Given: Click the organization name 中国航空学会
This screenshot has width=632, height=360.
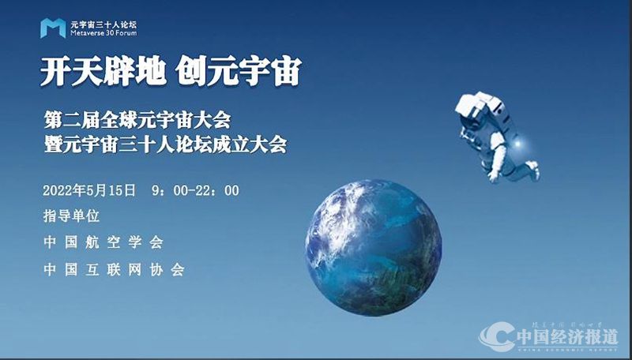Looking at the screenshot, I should click(103, 242).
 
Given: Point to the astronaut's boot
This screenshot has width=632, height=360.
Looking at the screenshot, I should click(532, 169).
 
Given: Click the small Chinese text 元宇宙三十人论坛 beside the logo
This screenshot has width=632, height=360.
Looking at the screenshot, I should click(103, 24).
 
